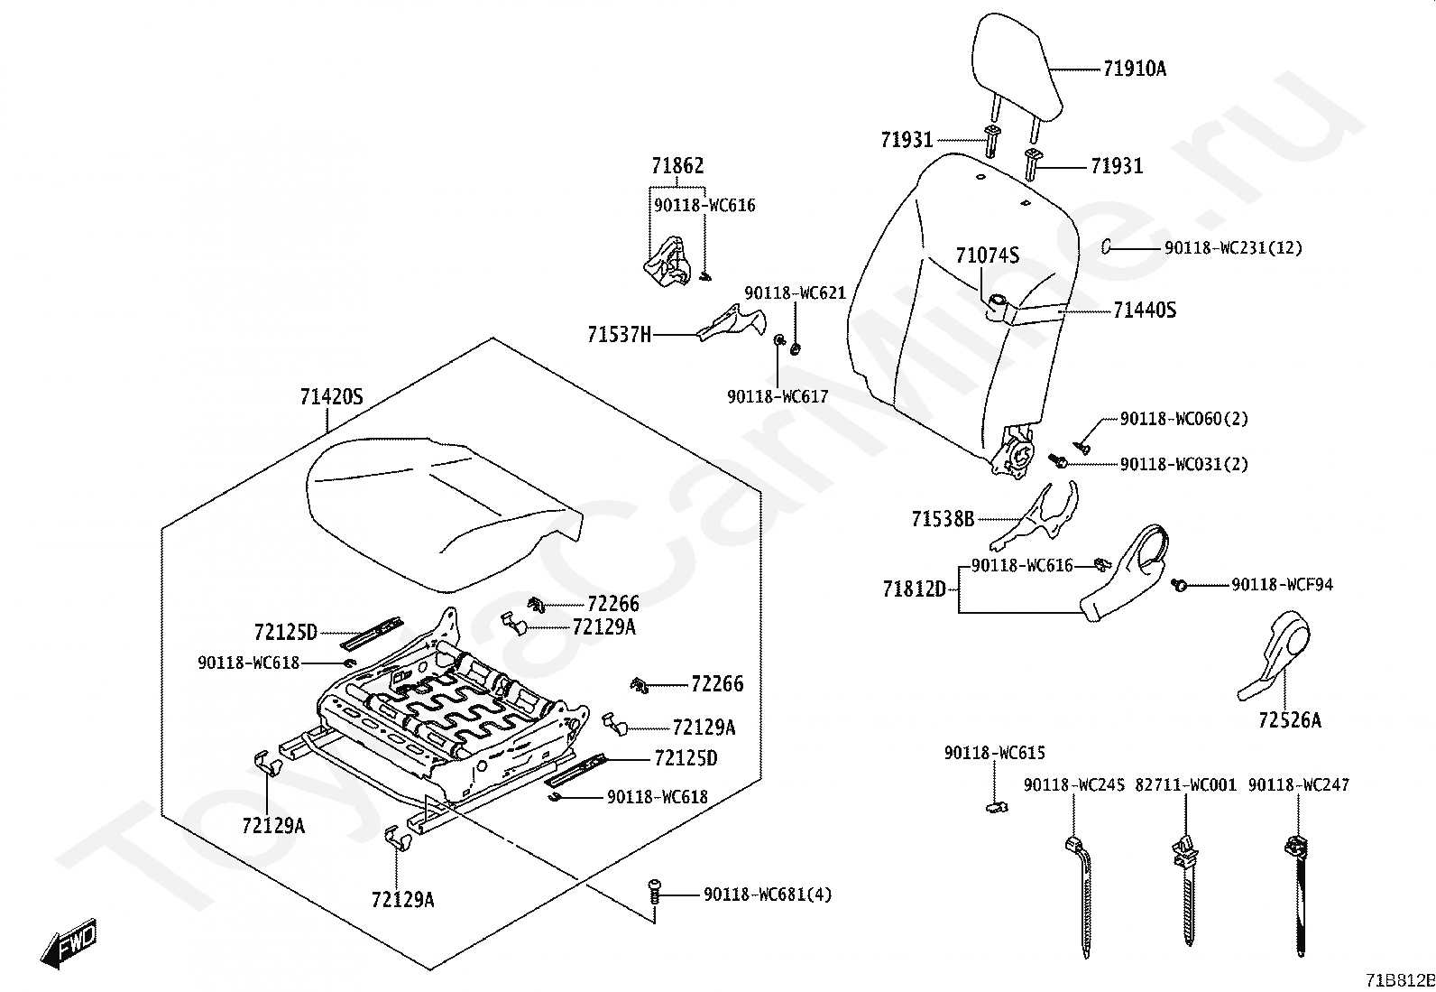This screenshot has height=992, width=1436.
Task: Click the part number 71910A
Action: (1134, 69)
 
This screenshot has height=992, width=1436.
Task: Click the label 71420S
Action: (331, 396)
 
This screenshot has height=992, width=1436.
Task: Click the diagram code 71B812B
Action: (1399, 980)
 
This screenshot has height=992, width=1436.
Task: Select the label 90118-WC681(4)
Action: (768, 895)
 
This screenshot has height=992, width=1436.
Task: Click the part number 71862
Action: (677, 166)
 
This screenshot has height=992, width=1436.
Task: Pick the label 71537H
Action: (619, 335)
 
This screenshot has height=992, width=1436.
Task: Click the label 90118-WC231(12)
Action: (1233, 247)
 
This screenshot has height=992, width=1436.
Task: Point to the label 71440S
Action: (1145, 311)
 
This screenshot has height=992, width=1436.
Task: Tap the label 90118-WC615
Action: (995, 753)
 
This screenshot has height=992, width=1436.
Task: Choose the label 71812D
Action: (914, 589)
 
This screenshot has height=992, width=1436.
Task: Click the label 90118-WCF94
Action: (1282, 585)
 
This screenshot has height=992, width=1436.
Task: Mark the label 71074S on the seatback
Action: (988, 256)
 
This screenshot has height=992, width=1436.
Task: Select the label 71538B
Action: (943, 519)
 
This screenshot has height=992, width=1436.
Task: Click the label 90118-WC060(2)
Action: (1184, 419)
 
